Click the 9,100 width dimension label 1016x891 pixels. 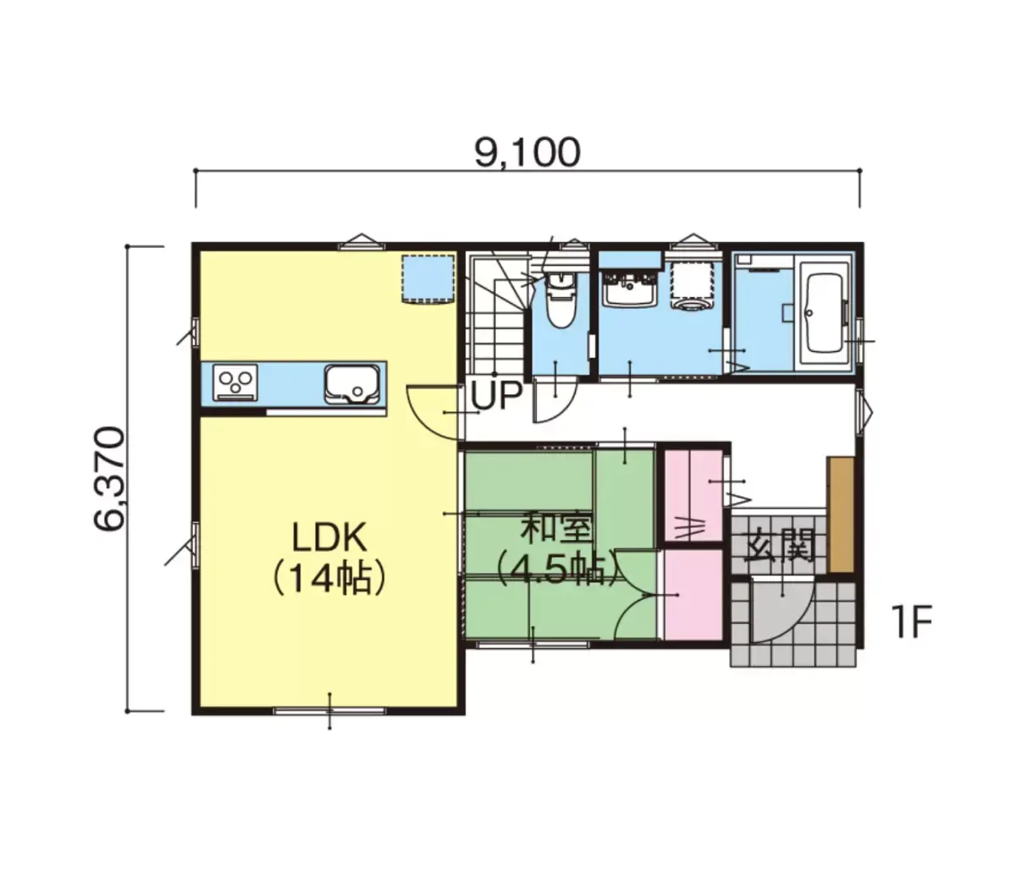click(527, 152)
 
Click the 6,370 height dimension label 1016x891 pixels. click(109, 478)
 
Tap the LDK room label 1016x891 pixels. click(329, 538)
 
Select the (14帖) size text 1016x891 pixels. click(329, 579)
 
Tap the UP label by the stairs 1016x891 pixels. click(496, 395)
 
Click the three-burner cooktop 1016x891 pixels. click(235, 382)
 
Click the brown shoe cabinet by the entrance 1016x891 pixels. click(841, 514)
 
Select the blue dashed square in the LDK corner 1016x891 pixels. click(428, 278)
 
